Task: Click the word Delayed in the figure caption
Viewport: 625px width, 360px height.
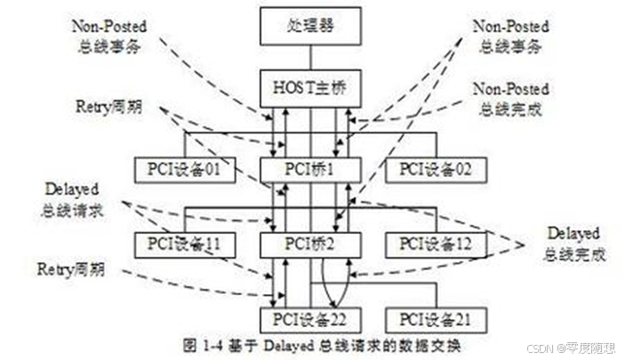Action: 281,342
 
